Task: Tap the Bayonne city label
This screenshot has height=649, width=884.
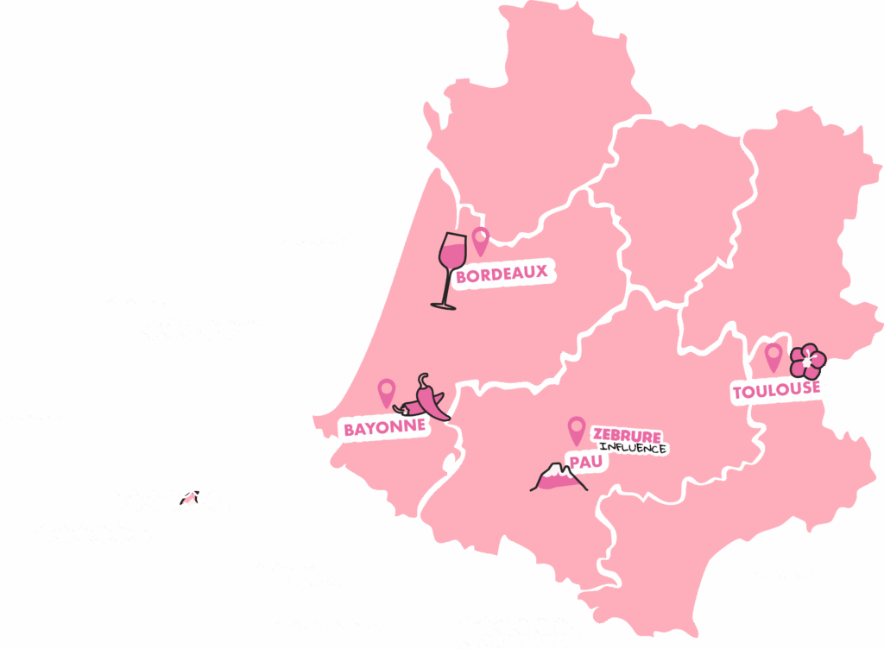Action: [384, 428]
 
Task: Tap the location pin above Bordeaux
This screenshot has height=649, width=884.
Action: [480, 240]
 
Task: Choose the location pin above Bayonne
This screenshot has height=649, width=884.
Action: [386, 392]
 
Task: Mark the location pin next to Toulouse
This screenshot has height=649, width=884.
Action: [773, 356]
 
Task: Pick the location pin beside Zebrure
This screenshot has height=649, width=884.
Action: [576, 429]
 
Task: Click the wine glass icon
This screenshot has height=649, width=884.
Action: [450, 268]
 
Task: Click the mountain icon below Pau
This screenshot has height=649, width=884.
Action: [559, 478]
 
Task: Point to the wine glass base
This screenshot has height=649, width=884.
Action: [443, 305]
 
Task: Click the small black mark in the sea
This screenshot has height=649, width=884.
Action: [186, 498]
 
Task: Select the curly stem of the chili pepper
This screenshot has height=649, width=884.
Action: [422, 379]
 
